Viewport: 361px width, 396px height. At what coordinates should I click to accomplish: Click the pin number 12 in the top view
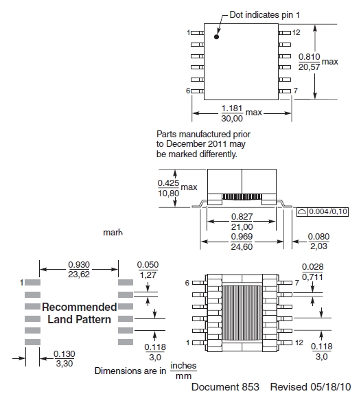pyautogui.click(x=296, y=32)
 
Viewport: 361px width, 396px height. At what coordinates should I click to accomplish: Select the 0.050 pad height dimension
pyautogui.click(x=147, y=265)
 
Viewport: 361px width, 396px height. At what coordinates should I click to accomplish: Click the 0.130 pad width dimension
pyautogui.click(x=62, y=354)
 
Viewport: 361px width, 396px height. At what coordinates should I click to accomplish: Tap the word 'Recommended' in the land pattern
pyautogui.click(x=79, y=307)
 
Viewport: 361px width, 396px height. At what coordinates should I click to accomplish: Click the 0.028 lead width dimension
pyautogui.click(x=313, y=266)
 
